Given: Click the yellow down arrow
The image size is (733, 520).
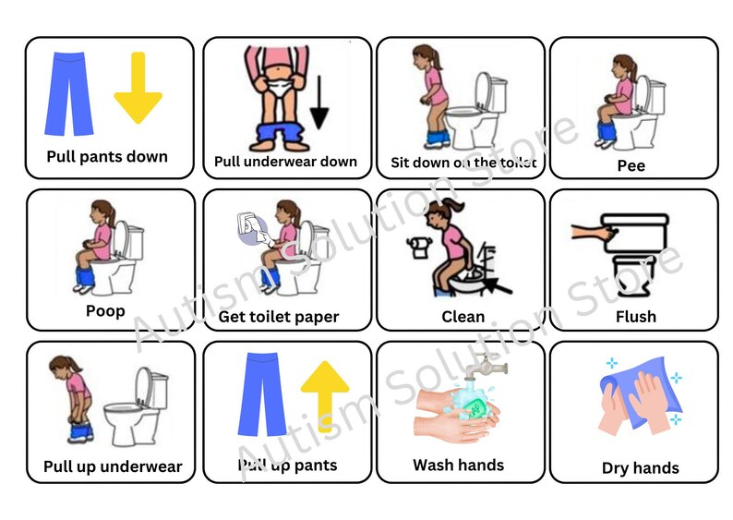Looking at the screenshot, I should [138, 89].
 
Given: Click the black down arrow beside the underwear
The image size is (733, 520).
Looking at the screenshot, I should [319, 103].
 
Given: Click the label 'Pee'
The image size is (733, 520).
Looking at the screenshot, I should [631, 166].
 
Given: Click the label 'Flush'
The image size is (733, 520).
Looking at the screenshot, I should [635, 317].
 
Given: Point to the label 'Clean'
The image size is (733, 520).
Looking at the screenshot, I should [463, 317].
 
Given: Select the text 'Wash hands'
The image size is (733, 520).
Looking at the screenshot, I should [458, 465].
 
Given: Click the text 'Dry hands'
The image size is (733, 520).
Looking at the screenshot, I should [640, 468].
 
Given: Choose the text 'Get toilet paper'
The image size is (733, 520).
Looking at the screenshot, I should [279, 317].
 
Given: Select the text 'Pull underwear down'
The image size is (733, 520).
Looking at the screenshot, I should [285, 162].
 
